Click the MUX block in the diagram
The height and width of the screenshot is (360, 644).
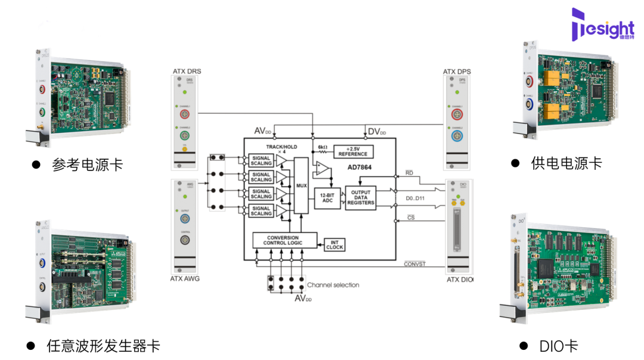(301, 185)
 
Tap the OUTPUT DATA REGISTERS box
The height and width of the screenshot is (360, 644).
(360, 197)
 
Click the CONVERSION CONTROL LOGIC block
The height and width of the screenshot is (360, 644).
(285, 240)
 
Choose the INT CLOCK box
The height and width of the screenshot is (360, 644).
(335, 244)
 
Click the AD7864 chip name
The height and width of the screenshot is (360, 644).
(360, 167)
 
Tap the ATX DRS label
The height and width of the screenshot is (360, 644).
(186, 72)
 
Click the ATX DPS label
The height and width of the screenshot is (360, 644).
(457, 72)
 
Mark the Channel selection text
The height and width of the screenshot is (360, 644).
(333, 285)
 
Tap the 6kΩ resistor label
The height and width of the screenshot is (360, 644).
(323, 147)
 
